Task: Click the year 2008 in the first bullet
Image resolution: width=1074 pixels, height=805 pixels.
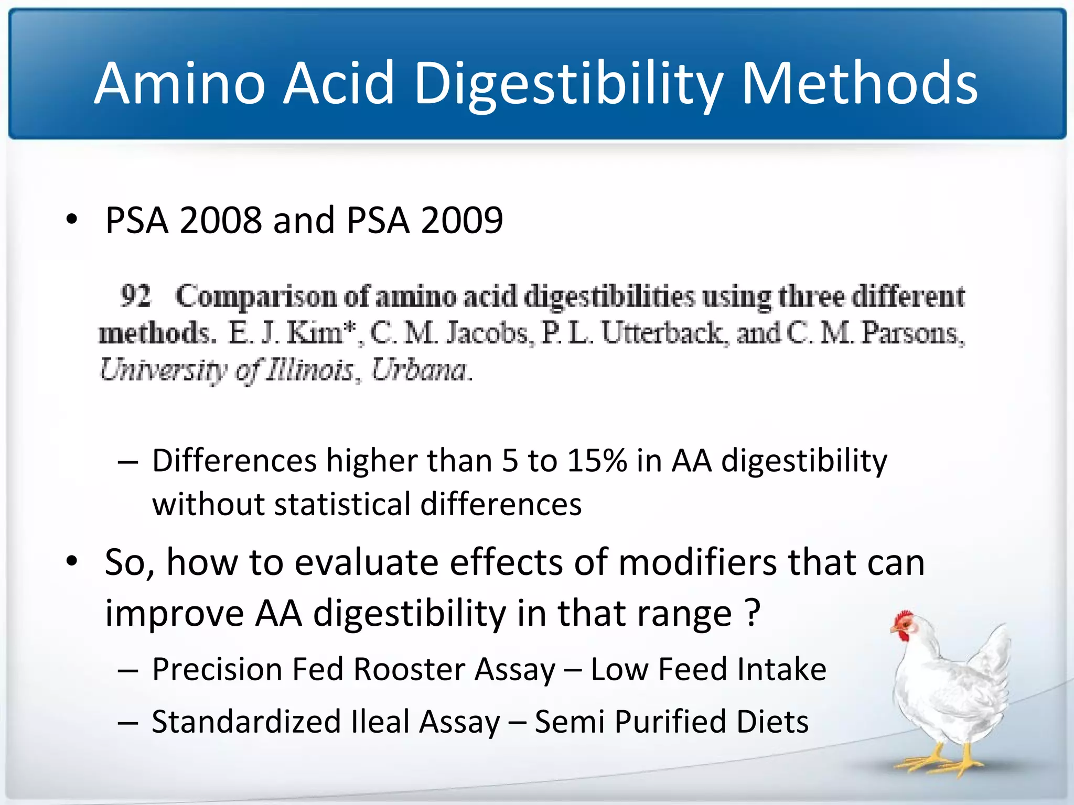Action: pyautogui.click(x=220, y=220)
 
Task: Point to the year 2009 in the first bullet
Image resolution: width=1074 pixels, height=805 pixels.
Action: pyautogui.click(x=461, y=220)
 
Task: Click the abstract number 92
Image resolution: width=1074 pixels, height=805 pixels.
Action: pyautogui.click(x=135, y=296)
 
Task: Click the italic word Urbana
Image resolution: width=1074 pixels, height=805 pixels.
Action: pyautogui.click(x=420, y=371)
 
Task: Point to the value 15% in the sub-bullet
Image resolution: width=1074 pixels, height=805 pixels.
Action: pyautogui.click(x=597, y=461)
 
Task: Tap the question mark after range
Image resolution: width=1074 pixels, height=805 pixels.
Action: pyautogui.click(x=753, y=613)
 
